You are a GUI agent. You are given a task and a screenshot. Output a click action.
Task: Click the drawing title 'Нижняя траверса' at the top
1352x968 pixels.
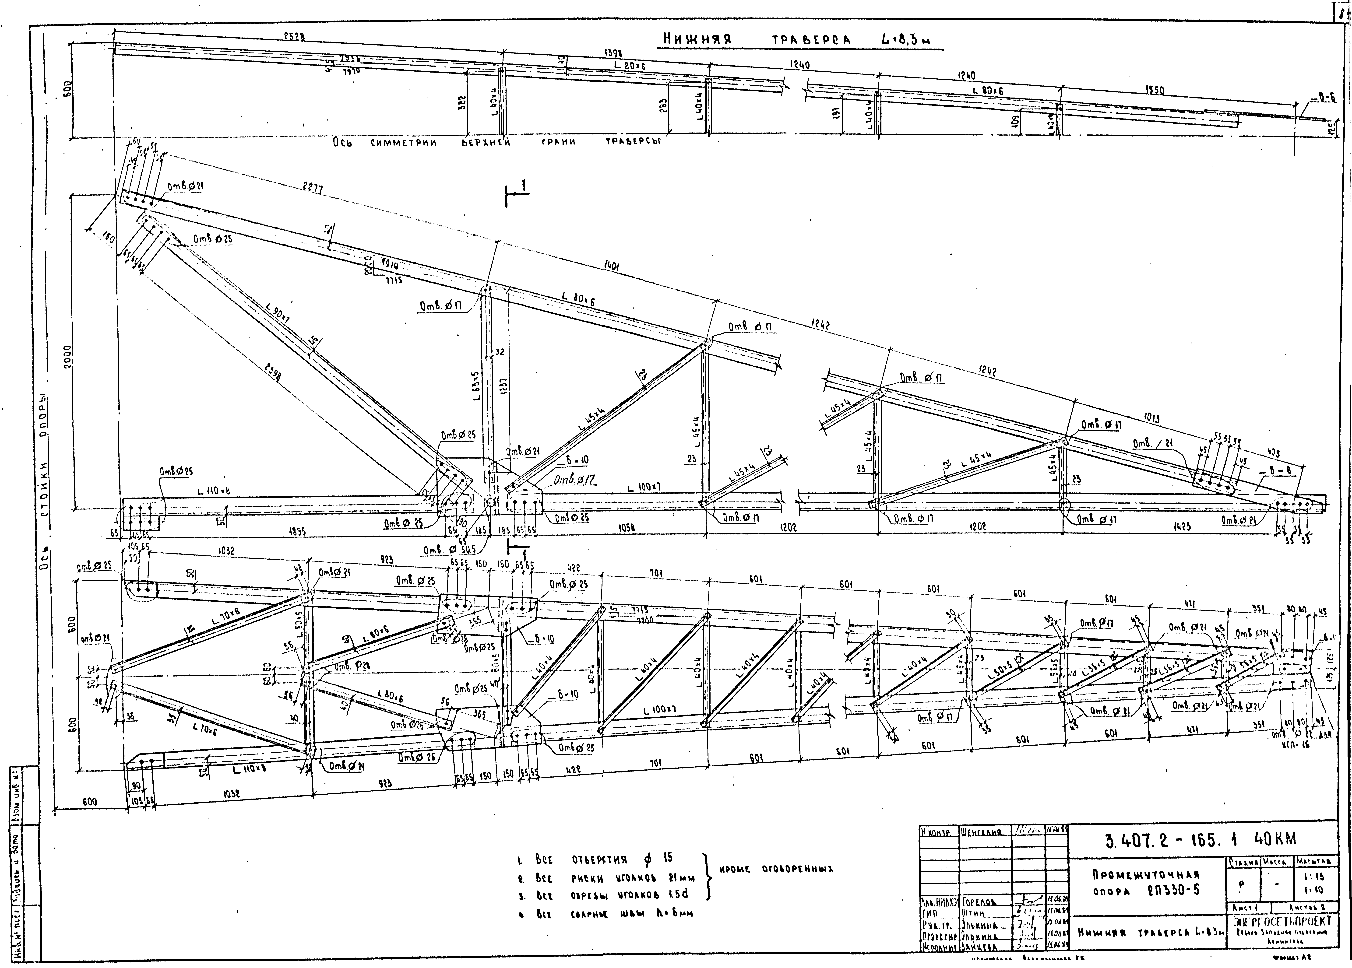tap(754, 39)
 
